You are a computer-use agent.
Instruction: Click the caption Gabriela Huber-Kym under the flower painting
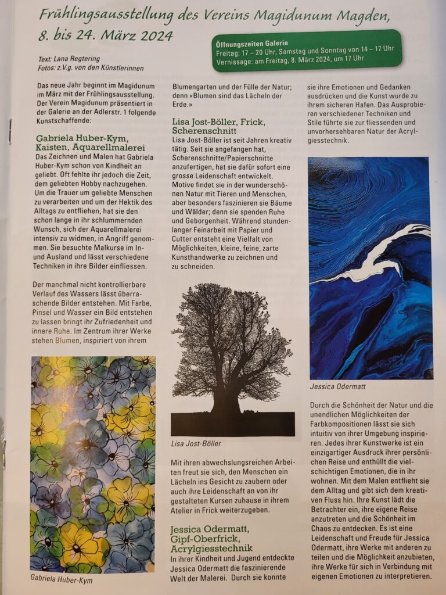pyautogui.click(x=61, y=579)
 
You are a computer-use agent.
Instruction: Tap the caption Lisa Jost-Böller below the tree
pyautogui.click(x=196, y=443)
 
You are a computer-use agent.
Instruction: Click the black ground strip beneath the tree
pyautogui.click(x=232, y=424)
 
